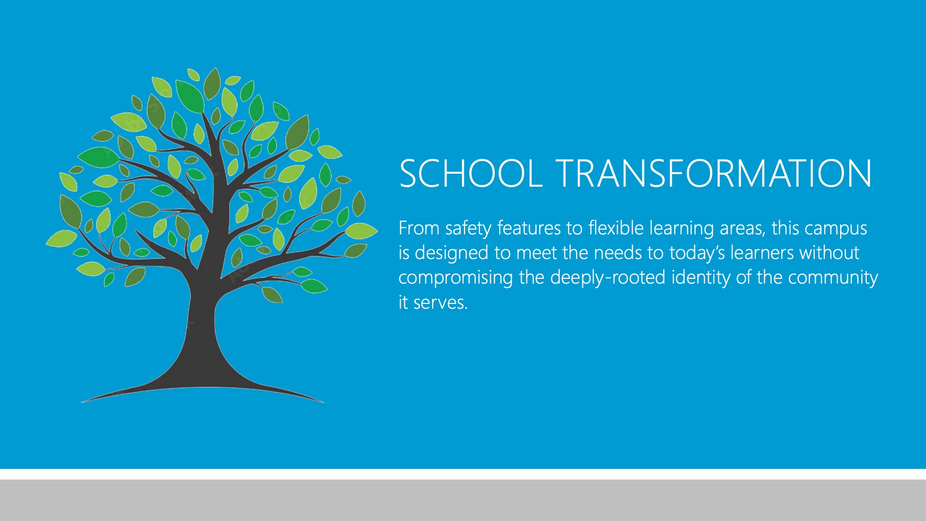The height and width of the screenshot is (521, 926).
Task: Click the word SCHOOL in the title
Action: [x=471, y=173]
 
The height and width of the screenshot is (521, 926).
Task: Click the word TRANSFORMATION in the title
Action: [x=715, y=173]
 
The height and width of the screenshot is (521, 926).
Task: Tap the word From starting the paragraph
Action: [x=419, y=228]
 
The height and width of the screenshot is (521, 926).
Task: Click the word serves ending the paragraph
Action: [x=440, y=303]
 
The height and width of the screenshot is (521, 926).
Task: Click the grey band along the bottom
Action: [x=463, y=500]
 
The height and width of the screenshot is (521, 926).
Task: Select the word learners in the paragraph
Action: [x=762, y=252]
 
